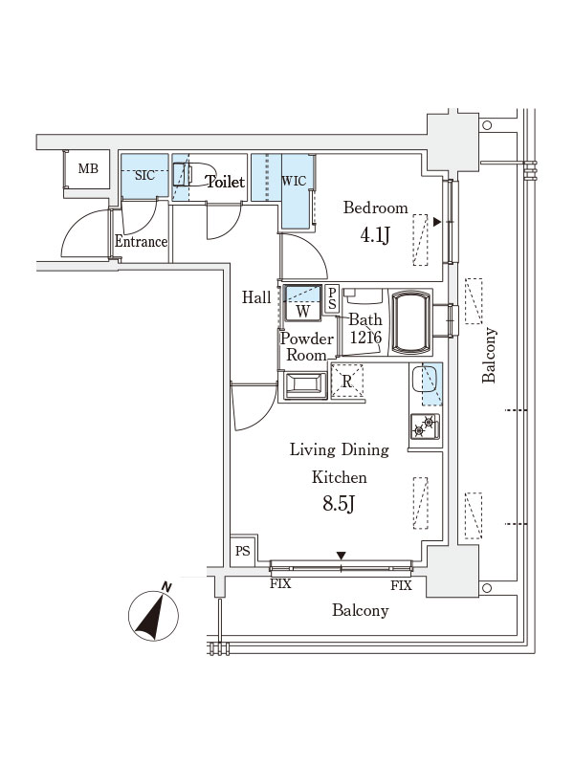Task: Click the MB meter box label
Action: coord(88,169)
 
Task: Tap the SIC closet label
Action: coord(145,175)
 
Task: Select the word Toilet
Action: coord(226,182)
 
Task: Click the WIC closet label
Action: coord(293,181)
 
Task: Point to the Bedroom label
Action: coord(375,208)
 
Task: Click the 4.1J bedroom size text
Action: coord(373,235)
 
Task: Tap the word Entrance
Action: coord(142,242)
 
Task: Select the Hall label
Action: coord(256,297)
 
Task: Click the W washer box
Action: coord(302,311)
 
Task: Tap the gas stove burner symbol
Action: coord(426,427)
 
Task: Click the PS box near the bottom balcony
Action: coord(243,551)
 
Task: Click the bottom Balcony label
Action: coord(361,610)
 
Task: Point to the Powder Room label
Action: coord(307,347)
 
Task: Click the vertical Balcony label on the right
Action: coord(490,355)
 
